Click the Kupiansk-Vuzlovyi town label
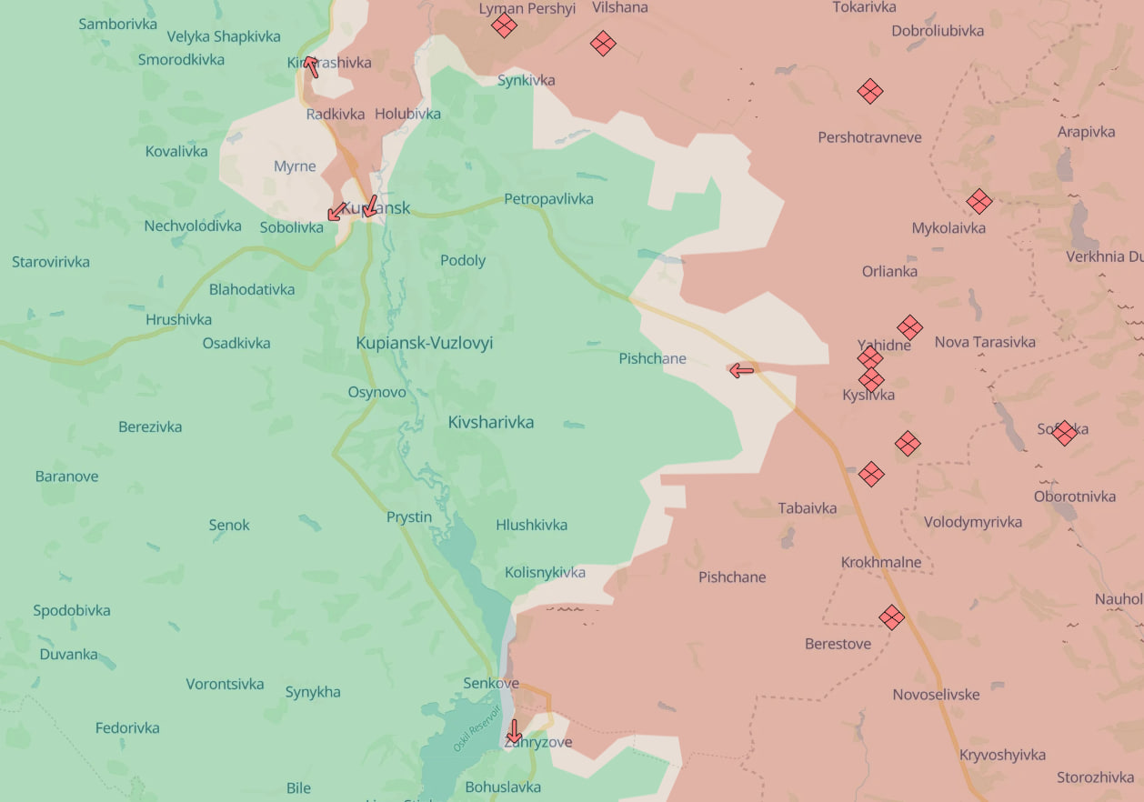point(424,343)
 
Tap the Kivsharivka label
point(490,422)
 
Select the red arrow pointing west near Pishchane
point(741,370)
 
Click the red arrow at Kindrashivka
point(311,66)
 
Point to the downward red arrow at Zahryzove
point(514,731)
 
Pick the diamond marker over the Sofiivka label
point(1064,433)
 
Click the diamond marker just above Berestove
point(891,617)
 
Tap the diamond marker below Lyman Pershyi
point(504,25)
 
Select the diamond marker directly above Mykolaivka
point(978,201)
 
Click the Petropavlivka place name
point(548,198)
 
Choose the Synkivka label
point(526,80)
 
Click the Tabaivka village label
point(807,508)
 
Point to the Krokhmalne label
point(880,562)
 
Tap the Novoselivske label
point(936,694)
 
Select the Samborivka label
point(117,25)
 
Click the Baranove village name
point(66,476)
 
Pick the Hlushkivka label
point(531,525)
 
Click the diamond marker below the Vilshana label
point(602,43)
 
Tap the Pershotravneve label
point(869,137)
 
